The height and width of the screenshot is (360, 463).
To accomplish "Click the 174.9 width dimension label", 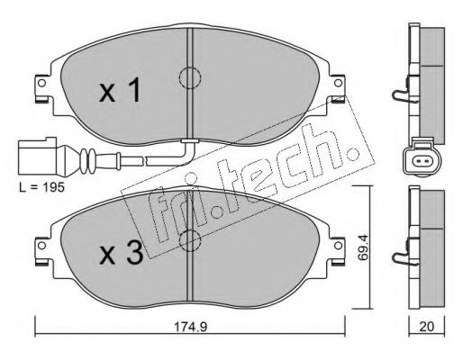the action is coord(191,327).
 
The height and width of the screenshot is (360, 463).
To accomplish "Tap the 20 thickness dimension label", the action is coord(427,327).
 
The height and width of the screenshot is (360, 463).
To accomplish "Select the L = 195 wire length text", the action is coord(41,187).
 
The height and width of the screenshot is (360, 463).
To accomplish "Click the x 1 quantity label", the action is coord(120,90).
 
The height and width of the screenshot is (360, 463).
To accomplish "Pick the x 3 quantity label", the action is coord(121,254).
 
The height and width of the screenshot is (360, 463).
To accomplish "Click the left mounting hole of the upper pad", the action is coord(41,83).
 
